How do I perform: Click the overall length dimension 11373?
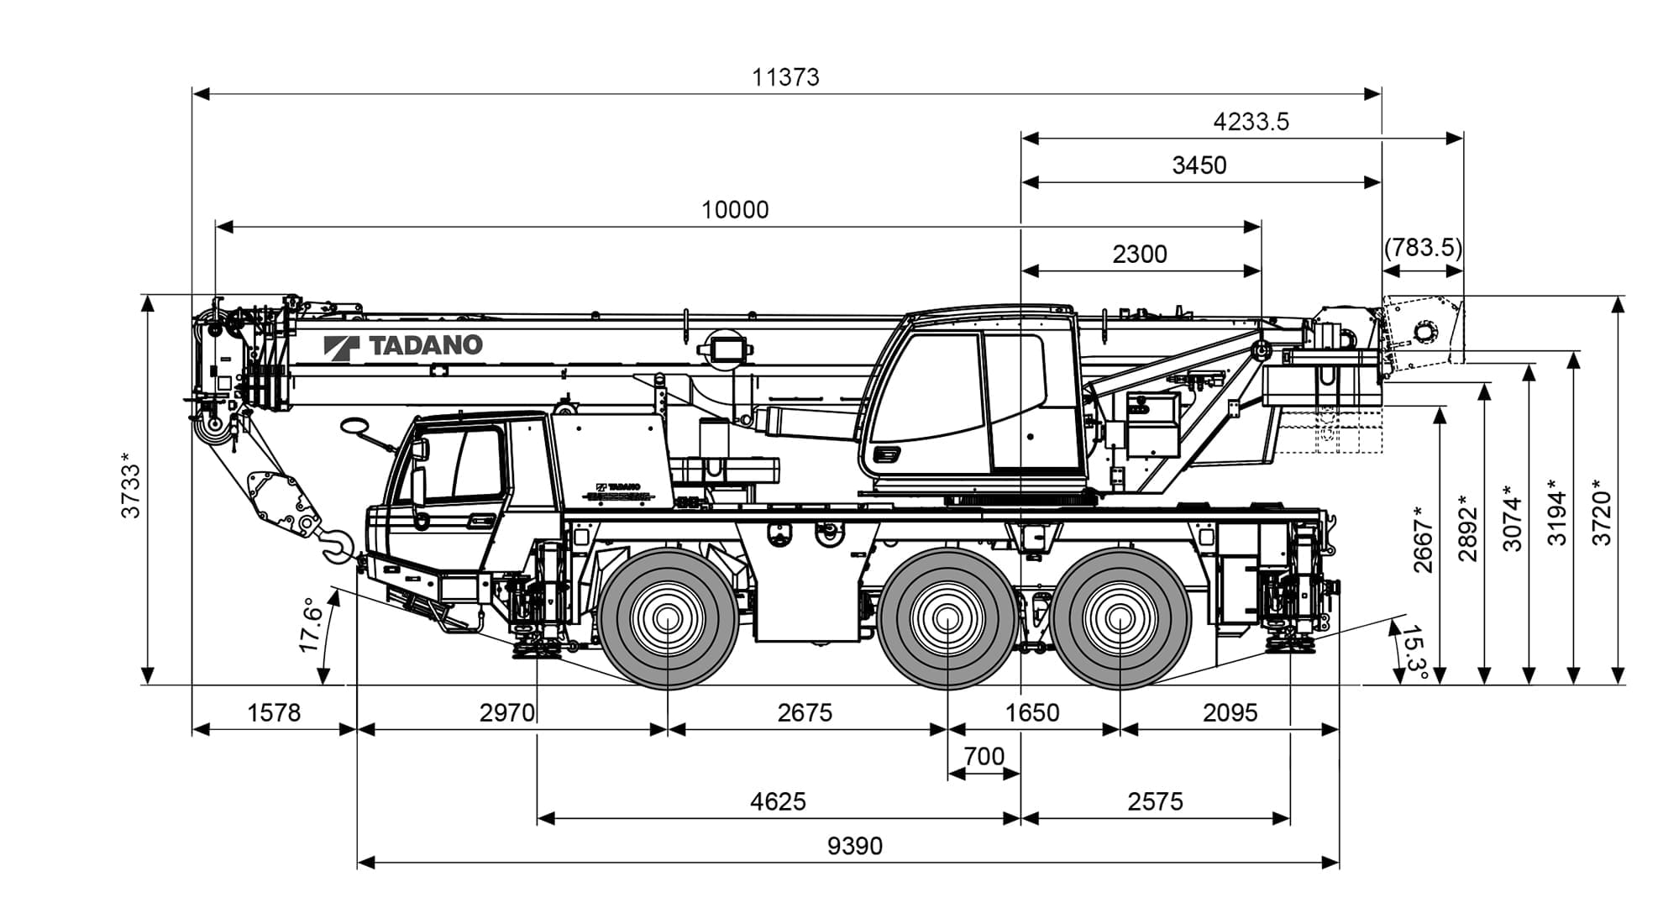point(785,77)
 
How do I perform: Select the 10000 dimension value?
point(735,210)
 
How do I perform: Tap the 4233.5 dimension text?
point(1251,122)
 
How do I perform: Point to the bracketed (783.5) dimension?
point(1423,248)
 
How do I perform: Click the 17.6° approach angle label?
point(310,625)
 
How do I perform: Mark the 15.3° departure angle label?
point(1413,653)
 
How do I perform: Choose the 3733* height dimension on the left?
point(131,486)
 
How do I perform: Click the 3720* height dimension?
point(1602,512)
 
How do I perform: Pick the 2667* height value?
point(1422,539)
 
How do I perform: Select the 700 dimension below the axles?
point(984,757)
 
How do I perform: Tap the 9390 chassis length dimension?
point(855,846)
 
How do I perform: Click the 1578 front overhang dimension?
point(274,713)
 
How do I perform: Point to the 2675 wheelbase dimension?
point(805,713)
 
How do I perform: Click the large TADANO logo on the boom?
point(403,345)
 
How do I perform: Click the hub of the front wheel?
point(668,619)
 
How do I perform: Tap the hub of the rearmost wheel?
point(1120,619)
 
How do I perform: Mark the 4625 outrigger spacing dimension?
point(778,802)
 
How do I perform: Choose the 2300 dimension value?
point(1140,254)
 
